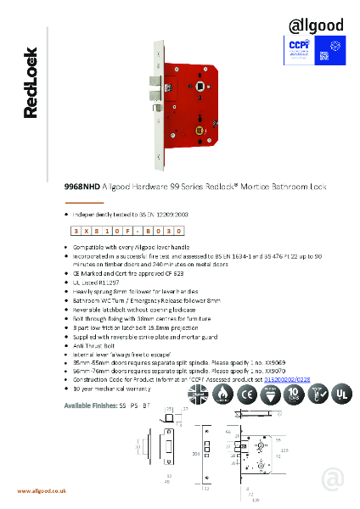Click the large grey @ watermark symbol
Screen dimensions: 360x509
[333, 479]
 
